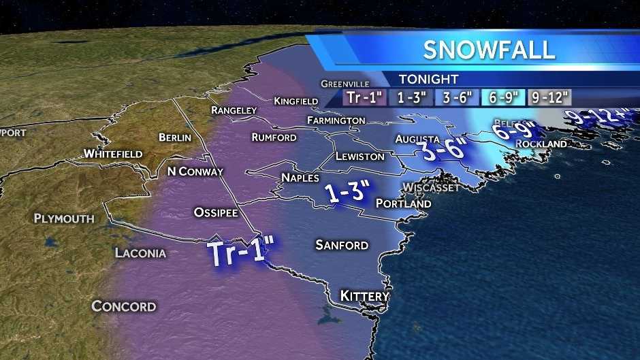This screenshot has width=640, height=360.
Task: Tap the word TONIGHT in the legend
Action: point(428,79)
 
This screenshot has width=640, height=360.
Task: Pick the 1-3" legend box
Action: point(412,97)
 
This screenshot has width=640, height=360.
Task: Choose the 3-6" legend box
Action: point(457,97)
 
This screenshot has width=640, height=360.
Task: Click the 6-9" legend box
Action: point(502,97)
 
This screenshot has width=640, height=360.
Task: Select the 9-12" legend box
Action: point(548,97)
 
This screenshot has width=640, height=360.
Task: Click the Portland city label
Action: point(403,203)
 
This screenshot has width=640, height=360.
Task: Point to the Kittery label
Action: point(364,297)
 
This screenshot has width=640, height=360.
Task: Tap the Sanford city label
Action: point(342,245)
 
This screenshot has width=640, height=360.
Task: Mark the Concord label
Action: point(124,306)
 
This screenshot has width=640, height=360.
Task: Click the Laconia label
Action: point(140,253)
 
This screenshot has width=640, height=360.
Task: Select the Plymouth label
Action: point(64,218)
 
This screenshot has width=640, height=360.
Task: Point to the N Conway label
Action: point(195,171)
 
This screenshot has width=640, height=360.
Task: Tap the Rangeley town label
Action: point(234,110)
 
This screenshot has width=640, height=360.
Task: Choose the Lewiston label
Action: point(359,157)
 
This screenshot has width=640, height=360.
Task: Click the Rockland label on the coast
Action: point(541,144)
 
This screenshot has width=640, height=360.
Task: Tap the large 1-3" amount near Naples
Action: point(347,194)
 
